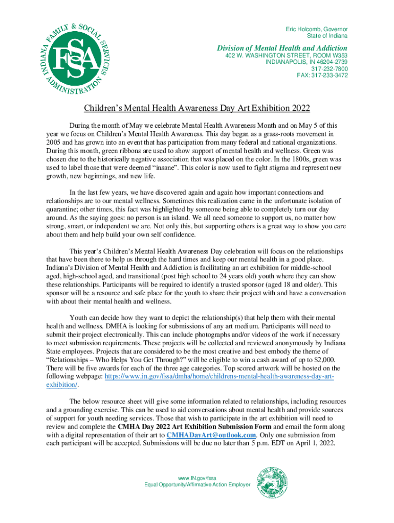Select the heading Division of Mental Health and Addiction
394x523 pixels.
[283, 48]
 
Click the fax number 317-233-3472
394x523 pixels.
[322, 76]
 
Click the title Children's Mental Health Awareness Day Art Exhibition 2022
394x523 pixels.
[197, 108]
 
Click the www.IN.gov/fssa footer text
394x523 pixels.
[197, 479]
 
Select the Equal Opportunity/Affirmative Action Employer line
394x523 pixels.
[197, 485]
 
